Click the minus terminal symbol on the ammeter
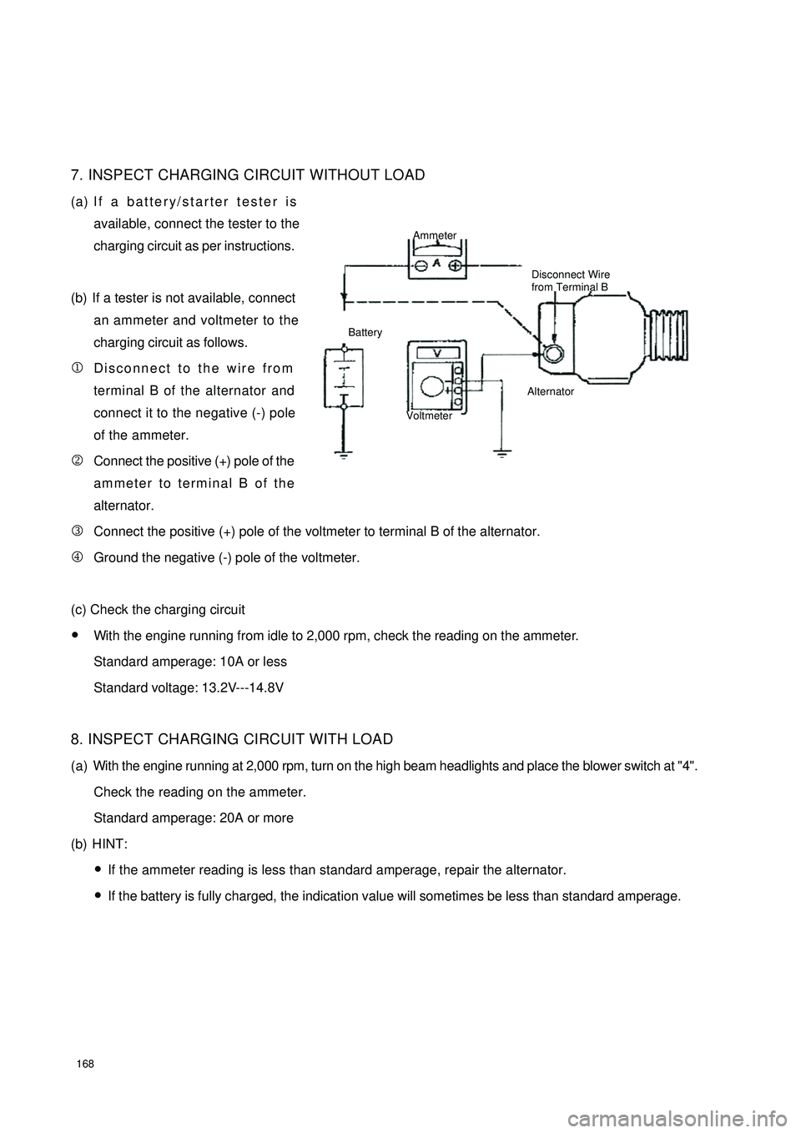pos(422,265)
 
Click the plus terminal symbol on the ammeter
pos(456,265)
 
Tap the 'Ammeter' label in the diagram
pos(435,236)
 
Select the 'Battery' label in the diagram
pos(365,332)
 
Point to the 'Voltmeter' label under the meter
pos(429,415)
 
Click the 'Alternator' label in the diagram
pos(551,390)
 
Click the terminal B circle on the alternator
pos(551,354)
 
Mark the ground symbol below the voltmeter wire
pos(501,456)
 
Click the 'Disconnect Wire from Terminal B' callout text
pos(571,280)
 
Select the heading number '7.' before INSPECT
pos(77,174)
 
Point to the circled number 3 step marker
pos(76,531)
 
